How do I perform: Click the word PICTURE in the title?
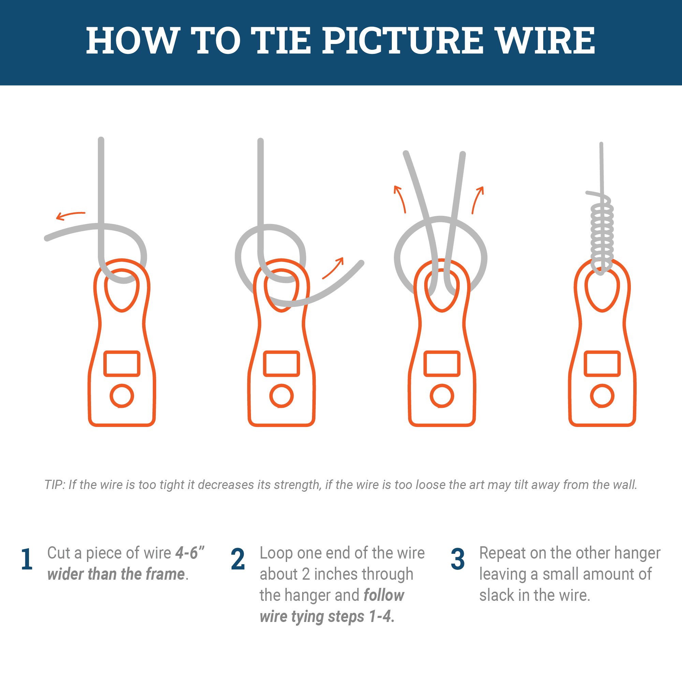[x=403, y=41]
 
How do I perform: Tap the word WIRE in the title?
[x=546, y=41]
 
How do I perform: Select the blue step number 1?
[x=27, y=559]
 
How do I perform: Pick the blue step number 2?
[x=238, y=559]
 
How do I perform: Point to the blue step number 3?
[x=458, y=559]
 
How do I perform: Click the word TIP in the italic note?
[x=54, y=485]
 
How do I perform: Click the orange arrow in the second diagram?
[x=333, y=268]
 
